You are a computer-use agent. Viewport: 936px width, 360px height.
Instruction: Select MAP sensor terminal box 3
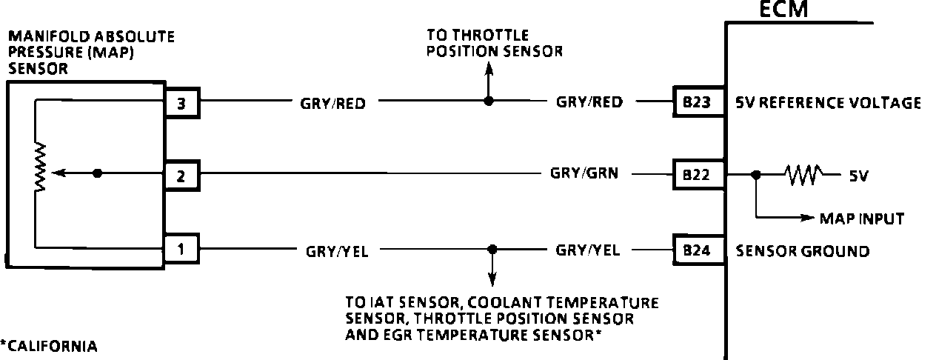click(x=181, y=103)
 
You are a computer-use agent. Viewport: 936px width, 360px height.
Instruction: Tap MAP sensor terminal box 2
click(x=181, y=176)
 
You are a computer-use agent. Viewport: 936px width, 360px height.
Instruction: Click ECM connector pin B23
click(x=697, y=103)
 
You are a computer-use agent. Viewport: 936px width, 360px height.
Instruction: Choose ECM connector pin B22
click(x=697, y=176)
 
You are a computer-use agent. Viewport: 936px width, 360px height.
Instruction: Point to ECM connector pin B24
click(x=697, y=250)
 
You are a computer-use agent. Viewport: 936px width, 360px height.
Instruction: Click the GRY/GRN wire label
click(x=584, y=174)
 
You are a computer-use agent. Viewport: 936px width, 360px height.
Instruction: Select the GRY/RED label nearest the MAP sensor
click(x=332, y=104)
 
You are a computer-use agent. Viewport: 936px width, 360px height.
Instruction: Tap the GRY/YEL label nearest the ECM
click(x=588, y=250)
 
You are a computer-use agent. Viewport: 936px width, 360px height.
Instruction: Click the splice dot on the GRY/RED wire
click(x=487, y=101)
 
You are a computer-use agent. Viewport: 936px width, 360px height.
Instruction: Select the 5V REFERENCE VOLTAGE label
click(x=829, y=103)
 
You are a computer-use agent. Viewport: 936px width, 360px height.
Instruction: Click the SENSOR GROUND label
click(x=802, y=251)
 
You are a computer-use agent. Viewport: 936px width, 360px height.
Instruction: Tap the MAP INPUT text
click(x=861, y=219)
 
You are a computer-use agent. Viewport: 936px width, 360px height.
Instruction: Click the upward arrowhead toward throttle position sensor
click(x=487, y=69)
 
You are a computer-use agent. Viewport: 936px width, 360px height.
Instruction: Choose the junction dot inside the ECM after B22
click(x=755, y=176)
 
